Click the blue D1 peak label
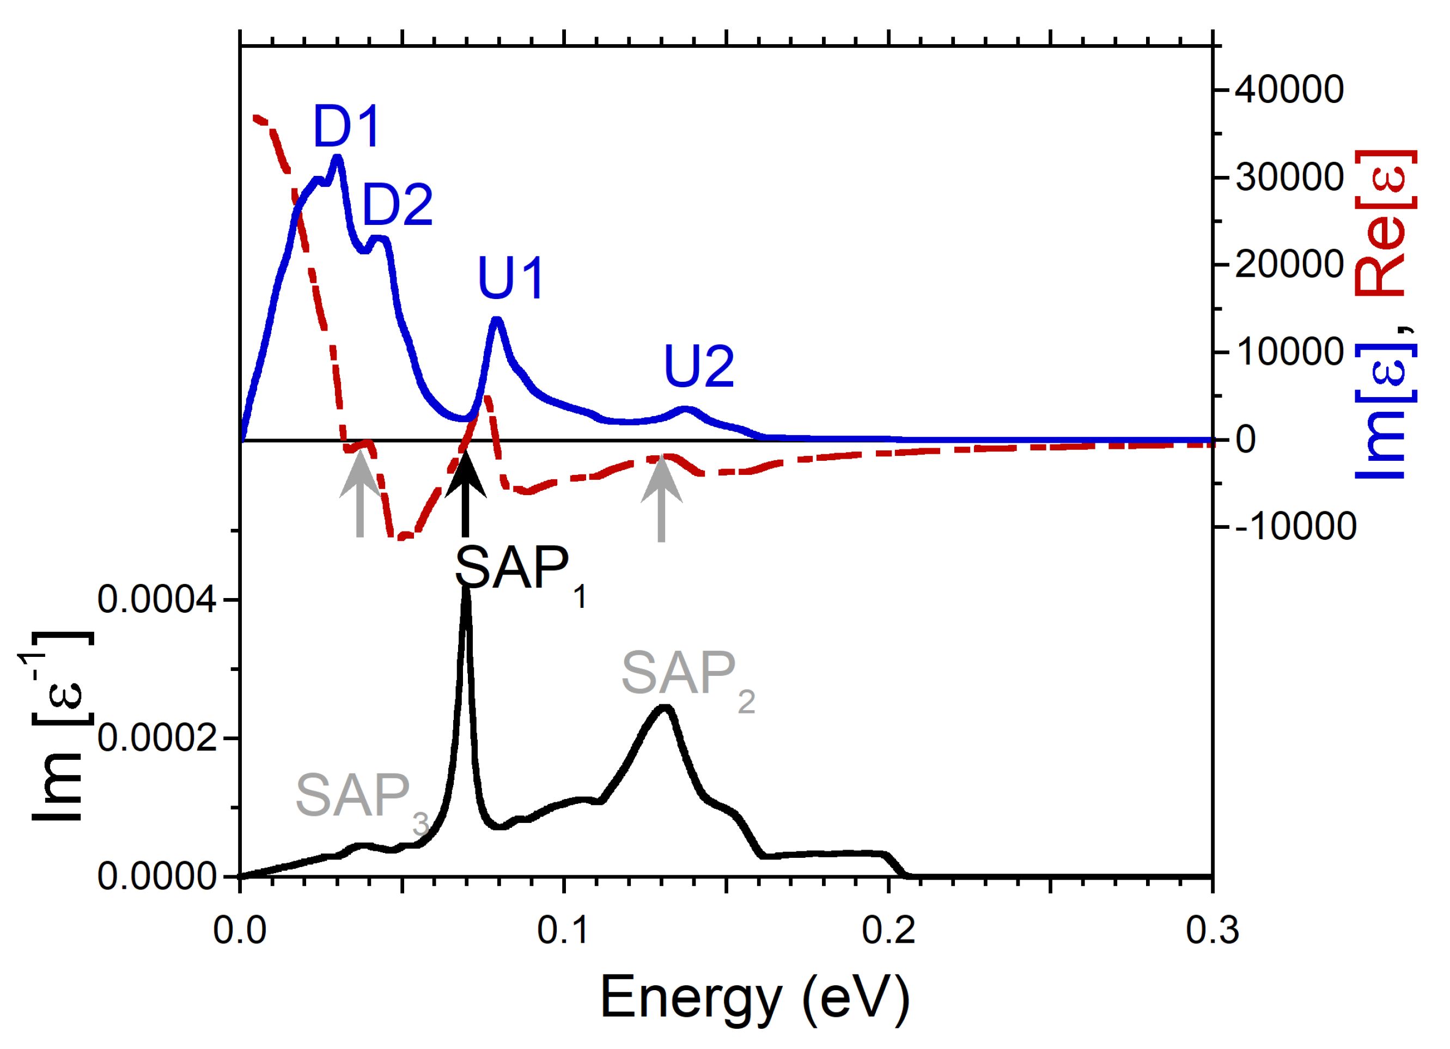(346, 126)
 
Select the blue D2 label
(397, 205)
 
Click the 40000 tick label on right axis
(1289, 90)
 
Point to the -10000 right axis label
(1295, 527)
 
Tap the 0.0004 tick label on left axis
(157, 600)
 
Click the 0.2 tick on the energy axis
(888, 931)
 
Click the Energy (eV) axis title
(754, 998)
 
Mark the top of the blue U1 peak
(497, 319)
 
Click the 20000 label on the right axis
(1289, 265)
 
